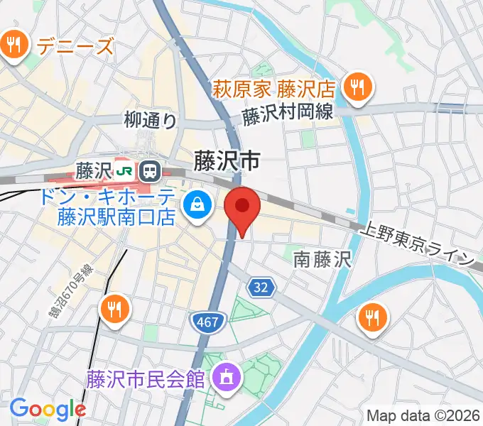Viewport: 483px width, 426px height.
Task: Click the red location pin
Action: [242, 207]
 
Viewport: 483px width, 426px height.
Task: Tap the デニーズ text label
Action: [75, 47]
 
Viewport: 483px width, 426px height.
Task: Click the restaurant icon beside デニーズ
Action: [13, 47]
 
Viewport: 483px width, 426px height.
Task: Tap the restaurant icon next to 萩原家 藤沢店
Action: [354, 89]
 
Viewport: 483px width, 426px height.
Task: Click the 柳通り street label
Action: [150, 121]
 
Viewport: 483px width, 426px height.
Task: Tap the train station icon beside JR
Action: [150, 170]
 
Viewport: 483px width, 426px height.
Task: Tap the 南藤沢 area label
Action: [322, 260]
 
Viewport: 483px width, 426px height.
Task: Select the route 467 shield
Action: [209, 323]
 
